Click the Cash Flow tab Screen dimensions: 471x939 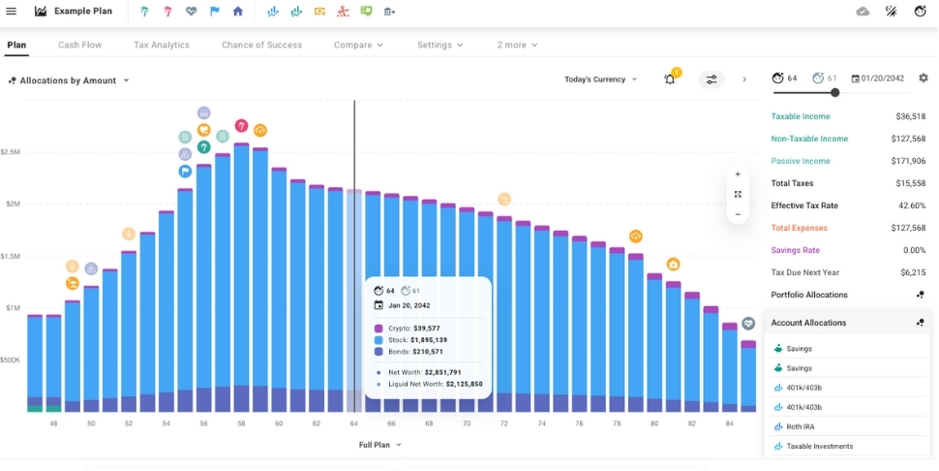pyautogui.click(x=80, y=45)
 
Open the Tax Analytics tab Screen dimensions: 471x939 pyautogui.click(x=162, y=45)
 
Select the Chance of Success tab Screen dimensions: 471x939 pyautogui.click(x=261, y=45)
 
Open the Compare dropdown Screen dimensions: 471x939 pyautogui.click(x=358, y=45)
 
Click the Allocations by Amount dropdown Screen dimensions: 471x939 pyautogui.click(x=70, y=80)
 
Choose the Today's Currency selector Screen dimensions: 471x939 pyautogui.click(x=600, y=79)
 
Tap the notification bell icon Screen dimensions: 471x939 pyautogui.click(x=669, y=79)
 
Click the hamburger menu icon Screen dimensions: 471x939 pyautogui.click(x=12, y=12)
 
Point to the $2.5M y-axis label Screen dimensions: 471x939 pyautogui.click(x=11, y=152)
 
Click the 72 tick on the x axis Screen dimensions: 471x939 pyautogui.click(x=503, y=424)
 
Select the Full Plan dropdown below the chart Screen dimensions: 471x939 pyautogui.click(x=379, y=445)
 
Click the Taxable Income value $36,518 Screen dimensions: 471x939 pyautogui.click(x=911, y=116)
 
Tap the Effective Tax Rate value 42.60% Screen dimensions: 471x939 pyautogui.click(x=911, y=205)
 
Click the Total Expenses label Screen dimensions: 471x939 pyautogui.click(x=799, y=228)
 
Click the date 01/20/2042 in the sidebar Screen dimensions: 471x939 pyautogui.click(x=882, y=78)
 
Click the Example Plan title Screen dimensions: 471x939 pyautogui.click(x=82, y=12)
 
